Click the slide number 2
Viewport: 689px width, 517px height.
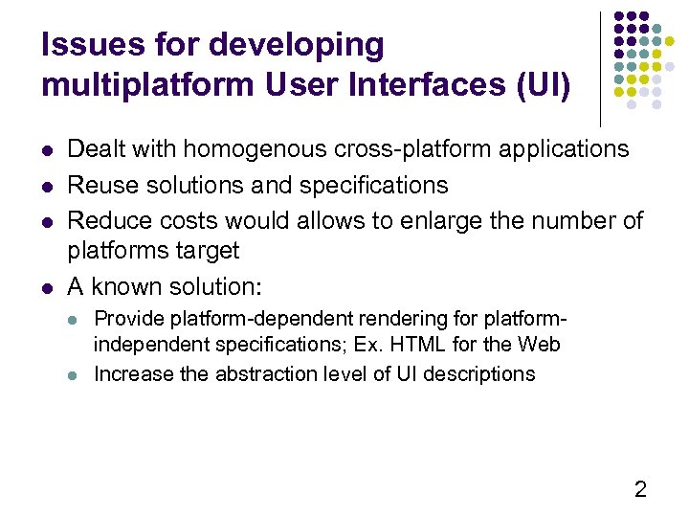pyautogui.click(x=640, y=489)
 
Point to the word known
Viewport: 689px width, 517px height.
pyautogui.click(x=128, y=286)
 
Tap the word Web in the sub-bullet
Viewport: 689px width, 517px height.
pyautogui.click(x=540, y=344)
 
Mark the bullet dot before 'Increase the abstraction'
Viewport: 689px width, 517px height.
pyautogui.click(x=77, y=374)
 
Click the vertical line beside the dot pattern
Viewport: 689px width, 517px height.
pyautogui.click(x=600, y=67)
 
